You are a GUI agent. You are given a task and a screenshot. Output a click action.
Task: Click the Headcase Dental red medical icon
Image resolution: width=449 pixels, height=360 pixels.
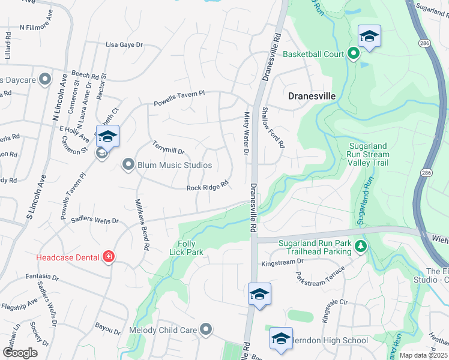[x=109, y=257]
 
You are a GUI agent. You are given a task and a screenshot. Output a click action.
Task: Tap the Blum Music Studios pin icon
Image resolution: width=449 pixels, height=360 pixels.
[x=127, y=164]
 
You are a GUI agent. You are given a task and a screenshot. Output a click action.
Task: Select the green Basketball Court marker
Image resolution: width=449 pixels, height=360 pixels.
[x=354, y=54]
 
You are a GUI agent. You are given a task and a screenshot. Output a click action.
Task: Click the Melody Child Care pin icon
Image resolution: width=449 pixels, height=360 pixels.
[x=206, y=329]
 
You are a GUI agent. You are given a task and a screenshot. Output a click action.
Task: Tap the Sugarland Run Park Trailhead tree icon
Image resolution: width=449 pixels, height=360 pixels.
[x=360, y=245]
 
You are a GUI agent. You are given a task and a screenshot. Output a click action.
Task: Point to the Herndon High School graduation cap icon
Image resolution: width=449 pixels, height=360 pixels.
[x=281, y=340]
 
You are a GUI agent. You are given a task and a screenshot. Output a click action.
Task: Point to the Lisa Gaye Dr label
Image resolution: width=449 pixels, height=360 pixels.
[x=125, y=44]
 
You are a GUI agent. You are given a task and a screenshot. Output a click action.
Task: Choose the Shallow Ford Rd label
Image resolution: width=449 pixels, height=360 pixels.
[x=273, y=127]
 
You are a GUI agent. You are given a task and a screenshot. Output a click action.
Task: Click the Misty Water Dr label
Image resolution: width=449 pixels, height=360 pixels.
[x=246, y=133]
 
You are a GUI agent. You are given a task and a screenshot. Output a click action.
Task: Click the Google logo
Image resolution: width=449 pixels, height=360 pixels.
[x=20, y=352]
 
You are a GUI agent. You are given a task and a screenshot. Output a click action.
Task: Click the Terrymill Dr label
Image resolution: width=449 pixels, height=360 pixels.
[x=168, y=148]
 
